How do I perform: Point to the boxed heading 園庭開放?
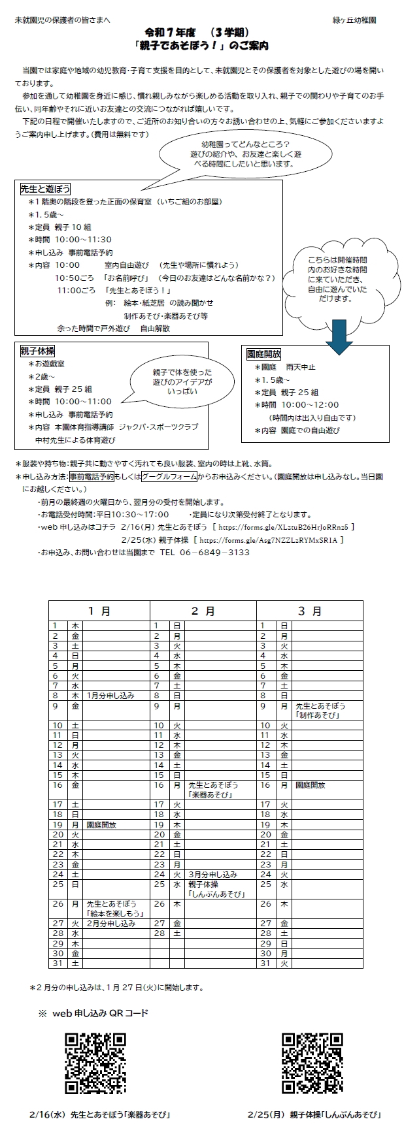pos(263,354)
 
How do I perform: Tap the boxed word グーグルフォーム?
pos(169,476)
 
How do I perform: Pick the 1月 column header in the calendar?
pos(99,611)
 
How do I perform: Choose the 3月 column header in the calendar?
pos(309,611)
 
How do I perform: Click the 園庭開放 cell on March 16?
pos(311,785)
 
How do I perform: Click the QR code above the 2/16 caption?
pos(95,1063)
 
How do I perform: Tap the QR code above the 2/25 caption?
pos(312,1063)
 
